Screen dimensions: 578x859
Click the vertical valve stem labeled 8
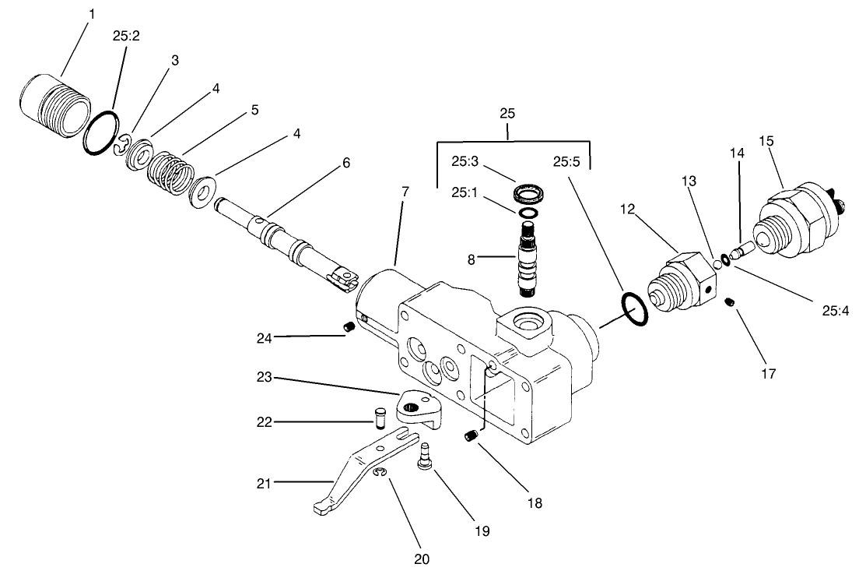point(528,258)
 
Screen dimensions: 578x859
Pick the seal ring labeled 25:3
point(528,192)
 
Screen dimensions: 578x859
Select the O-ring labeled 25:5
point(633,310)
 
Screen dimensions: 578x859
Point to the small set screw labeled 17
point(730,302)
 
